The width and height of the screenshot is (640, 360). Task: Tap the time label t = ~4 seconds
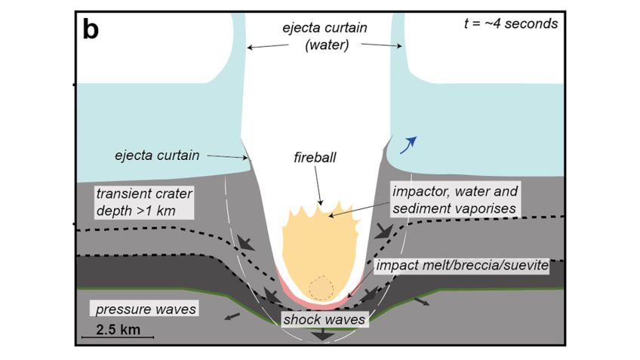pos(511,23)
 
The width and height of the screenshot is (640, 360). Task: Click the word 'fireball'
pos(315,159)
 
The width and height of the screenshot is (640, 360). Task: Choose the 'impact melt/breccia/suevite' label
pos(461,266)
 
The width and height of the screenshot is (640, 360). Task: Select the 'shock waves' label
pos(324,319)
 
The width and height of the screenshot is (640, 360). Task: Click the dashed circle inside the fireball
pos(322,288)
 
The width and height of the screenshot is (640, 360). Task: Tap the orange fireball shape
pos(317,242)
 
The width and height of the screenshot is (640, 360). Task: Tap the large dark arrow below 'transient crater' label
pos(245,242)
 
